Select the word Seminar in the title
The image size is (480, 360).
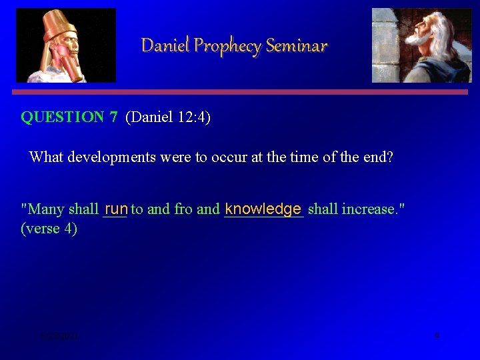pos(297,45)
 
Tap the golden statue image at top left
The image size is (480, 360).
pos(66,45)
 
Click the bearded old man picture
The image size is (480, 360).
pos(421,45)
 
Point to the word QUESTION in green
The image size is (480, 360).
pos(63,117)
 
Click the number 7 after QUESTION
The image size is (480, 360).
pos(113,117)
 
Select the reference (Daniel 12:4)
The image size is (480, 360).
pos(168,117)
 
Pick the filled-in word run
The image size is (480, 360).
pos(116,209)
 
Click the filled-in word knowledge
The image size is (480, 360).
pos(263,209)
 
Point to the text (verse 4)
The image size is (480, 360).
pos(49,229)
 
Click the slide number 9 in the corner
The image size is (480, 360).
pos(437,336)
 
